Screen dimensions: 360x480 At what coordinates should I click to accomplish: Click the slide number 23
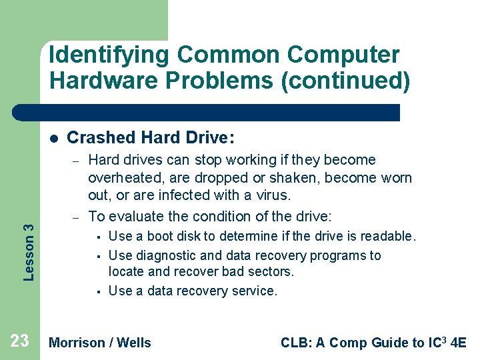tap(20, 341)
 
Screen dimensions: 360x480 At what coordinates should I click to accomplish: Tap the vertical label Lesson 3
tap(29, 242)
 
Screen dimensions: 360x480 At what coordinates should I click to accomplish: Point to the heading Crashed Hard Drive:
tap(151, 138)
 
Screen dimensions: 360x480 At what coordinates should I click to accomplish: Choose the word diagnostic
tap(165, 255)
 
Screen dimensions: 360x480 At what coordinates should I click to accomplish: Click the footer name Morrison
tap(77, 343)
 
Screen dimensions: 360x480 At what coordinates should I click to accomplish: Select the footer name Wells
tap(133, 343)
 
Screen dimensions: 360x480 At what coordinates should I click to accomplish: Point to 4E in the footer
tap(458, 343)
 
